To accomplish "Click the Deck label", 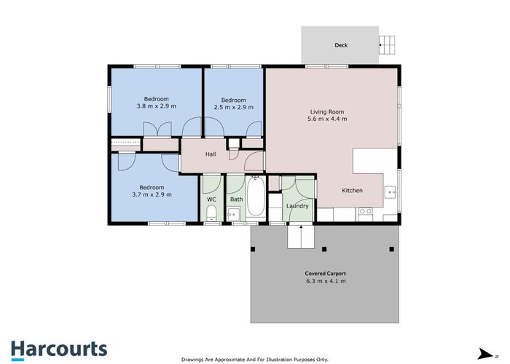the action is (x=341, y=45).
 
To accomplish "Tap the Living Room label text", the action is (x=327, y=112).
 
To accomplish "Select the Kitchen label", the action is (x=352, y=191).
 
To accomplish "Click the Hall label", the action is (x=211, y=154).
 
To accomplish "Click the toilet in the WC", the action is (x=211, y=213).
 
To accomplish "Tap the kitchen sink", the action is (x=390, y=192).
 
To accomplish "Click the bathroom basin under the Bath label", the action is (x=233, y=214).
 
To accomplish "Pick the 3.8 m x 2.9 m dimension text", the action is (x=157, y=106).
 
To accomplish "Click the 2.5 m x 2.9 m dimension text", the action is (x=234, y=107).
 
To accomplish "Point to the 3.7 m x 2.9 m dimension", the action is (x=152, y=194).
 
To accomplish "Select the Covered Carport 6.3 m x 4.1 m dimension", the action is (x=326, y=281).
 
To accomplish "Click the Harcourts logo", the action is (x=59, y=350).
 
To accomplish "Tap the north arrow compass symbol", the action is (x=486, y=354).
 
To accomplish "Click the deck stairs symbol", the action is (x=387, y=45).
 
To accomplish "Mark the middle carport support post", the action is (x=324, y=249).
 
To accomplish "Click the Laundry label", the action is (x=297, y=206).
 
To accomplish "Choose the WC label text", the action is (x=211, y=199).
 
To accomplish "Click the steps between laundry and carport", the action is (x=301, y=237).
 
